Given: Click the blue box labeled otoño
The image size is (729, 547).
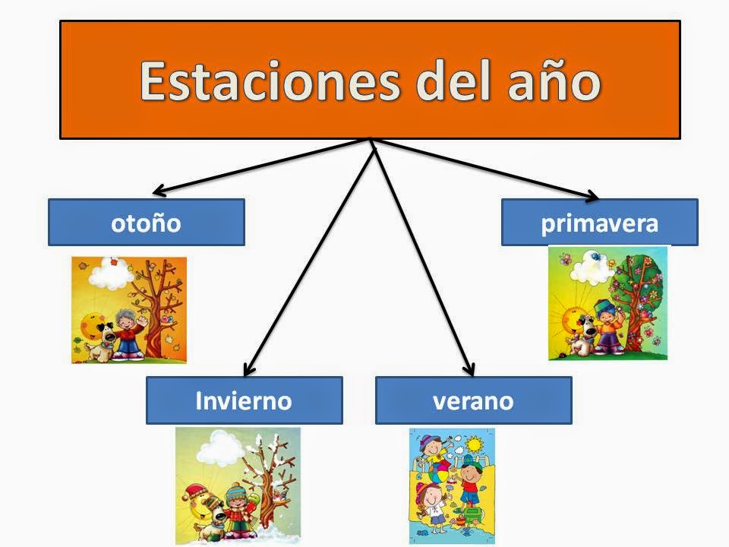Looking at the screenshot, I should [146, 223].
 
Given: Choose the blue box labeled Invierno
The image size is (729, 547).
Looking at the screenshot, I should [244, 400].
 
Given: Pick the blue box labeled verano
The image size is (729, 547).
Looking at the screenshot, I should [473, 400].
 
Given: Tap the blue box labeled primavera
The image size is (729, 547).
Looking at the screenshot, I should [599, 223].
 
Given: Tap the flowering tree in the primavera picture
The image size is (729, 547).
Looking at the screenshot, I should [639, 296].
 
